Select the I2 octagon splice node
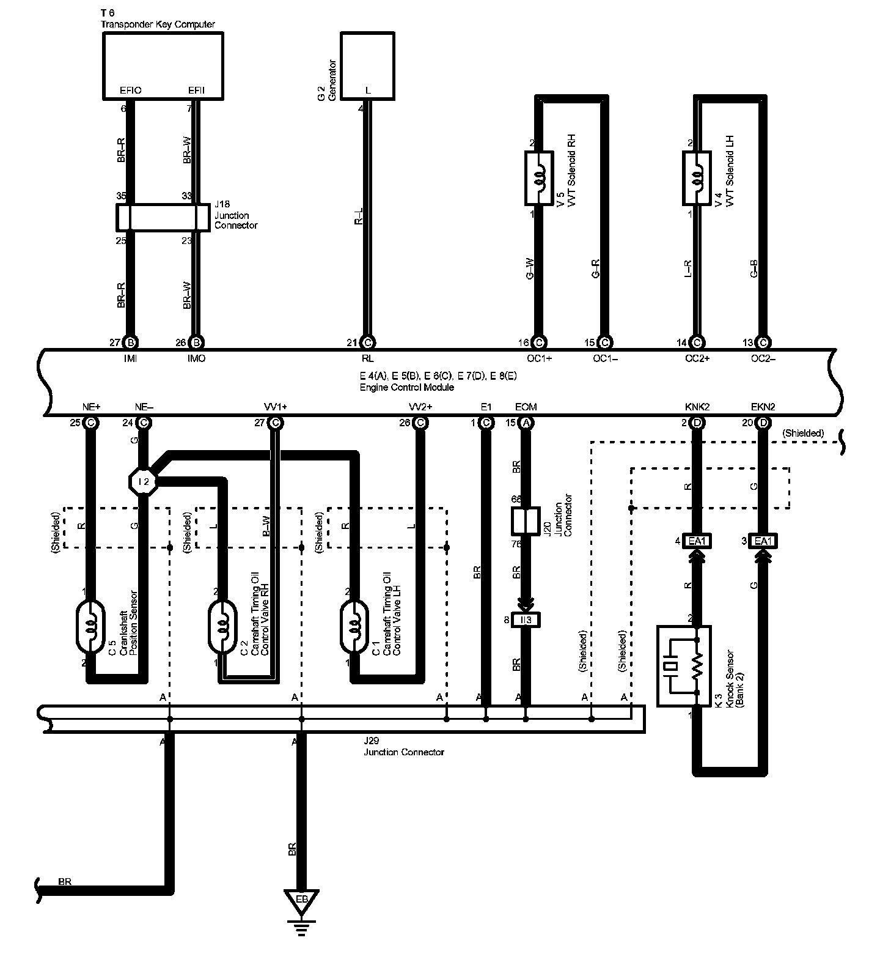pos(144,482)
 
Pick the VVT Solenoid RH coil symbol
pos(538,178)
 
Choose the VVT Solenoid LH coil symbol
pos(696,178)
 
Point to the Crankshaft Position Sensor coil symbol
pos(90,626)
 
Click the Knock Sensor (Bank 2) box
pos(684,665)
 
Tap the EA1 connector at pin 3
pos(763,541)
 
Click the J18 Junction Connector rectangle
pos(163,218)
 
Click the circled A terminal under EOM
pos(526,423)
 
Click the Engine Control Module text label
pos(406,388)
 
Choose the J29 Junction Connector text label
pos(403,752)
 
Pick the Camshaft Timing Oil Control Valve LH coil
pos(354,626)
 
